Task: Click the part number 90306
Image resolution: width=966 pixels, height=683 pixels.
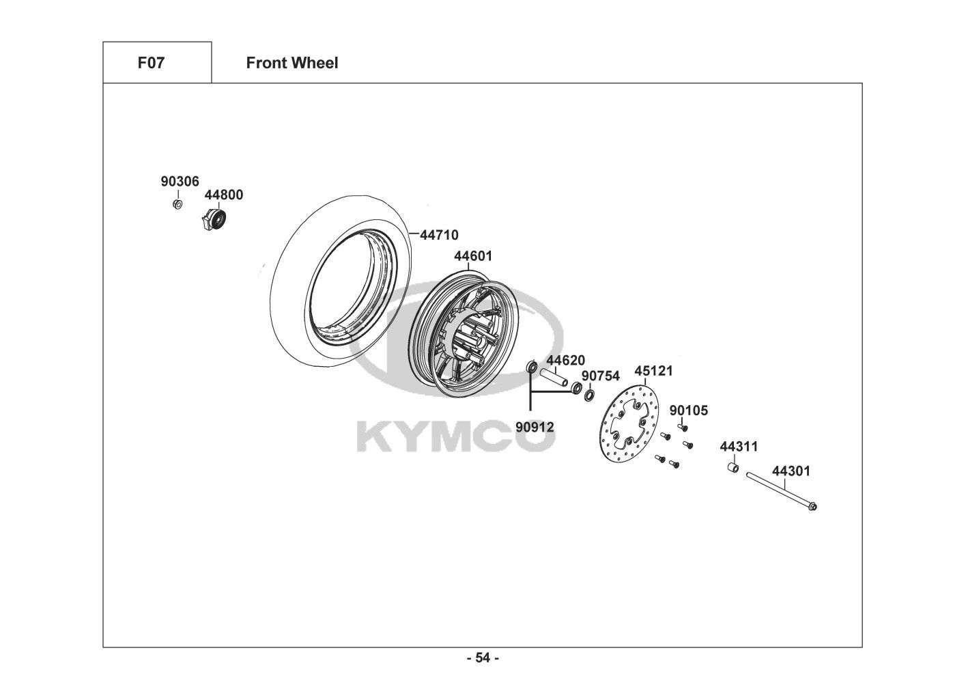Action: tap(180, 182)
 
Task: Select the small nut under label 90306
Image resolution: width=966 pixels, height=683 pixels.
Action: tap(177, 204)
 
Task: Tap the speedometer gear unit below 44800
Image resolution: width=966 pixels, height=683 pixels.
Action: tap(214, 219)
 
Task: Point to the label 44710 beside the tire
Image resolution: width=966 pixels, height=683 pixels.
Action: tap(439, 235)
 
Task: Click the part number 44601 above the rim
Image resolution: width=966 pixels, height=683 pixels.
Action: tap(473, 256)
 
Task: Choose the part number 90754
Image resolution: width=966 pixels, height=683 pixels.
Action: tap(600, 376)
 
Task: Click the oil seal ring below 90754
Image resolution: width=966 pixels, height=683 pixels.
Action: tap(589, 394)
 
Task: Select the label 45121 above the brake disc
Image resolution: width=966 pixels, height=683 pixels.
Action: tap(653, 371)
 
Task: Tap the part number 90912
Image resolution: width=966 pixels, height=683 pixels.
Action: tap(535, 427)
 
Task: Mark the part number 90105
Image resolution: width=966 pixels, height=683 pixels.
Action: tap(689, 410)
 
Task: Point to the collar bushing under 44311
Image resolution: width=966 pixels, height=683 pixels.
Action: tap(733, 467)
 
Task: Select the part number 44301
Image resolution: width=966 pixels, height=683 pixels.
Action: tap(791, 471)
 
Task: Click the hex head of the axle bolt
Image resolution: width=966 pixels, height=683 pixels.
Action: tap(812, 507)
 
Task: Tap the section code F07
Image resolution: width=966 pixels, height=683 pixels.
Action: tap(151, 63)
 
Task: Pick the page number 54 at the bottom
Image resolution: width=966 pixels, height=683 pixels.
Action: tap(483, 658)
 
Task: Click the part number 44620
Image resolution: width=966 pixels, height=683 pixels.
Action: tap(565, 360)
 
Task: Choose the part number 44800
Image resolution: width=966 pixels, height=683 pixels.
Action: tap(224, 195)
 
